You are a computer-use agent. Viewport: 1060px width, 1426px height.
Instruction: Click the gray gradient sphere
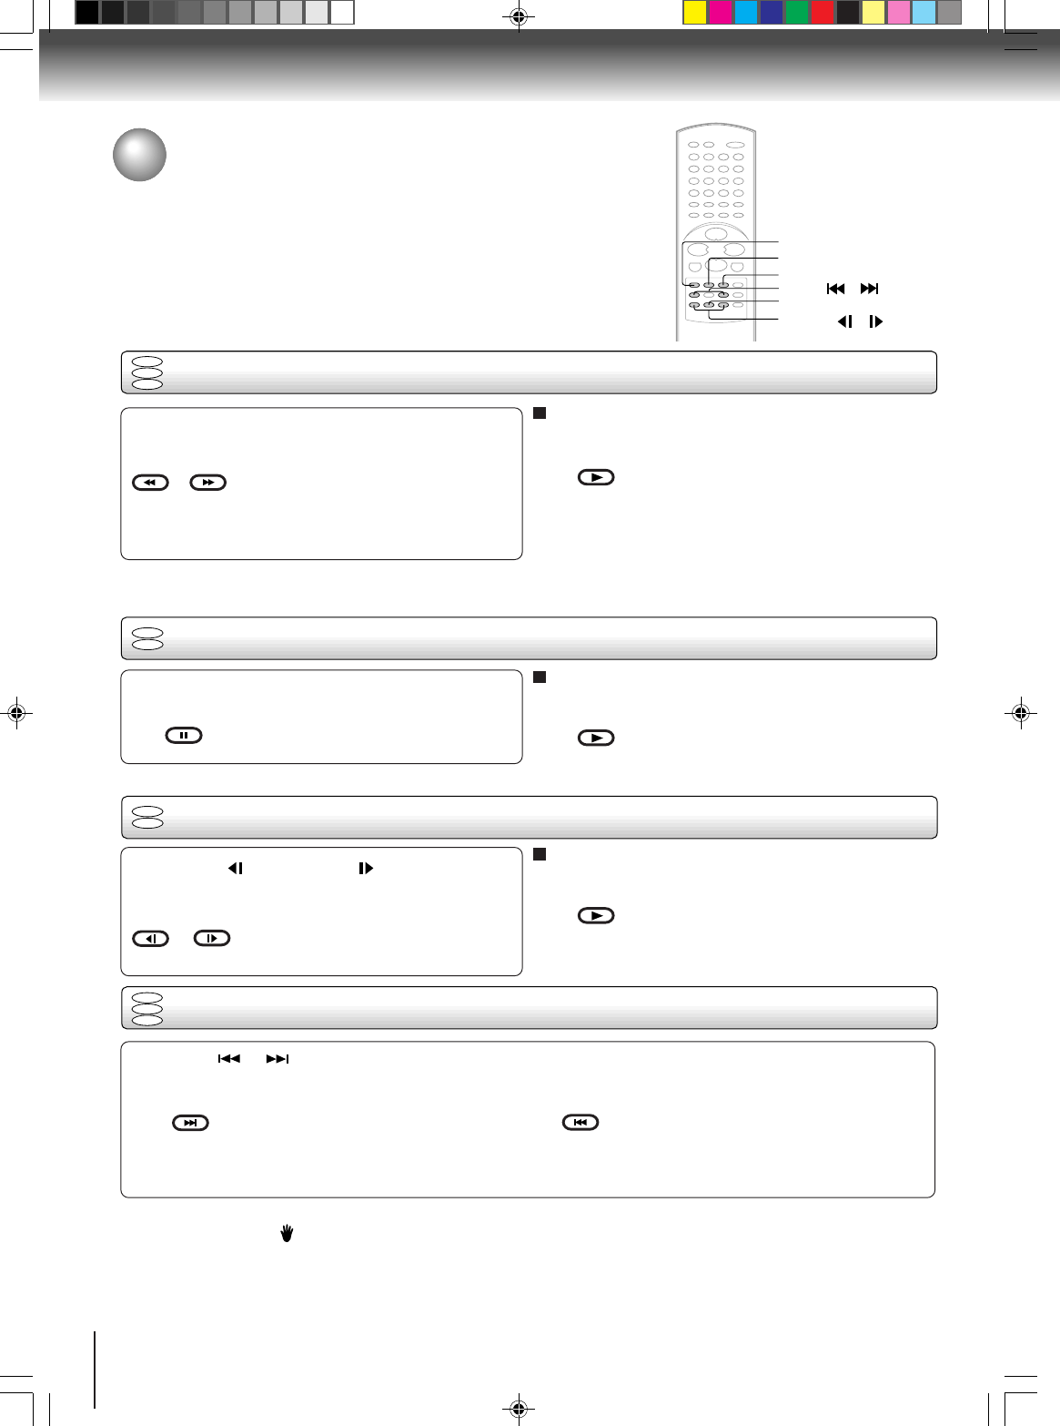coord(139,155)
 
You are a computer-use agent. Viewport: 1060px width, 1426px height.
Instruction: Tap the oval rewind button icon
coord(150,483)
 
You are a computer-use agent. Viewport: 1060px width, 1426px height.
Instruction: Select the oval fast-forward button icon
coord(207,483)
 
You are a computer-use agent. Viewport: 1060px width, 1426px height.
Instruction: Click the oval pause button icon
coord(184,735)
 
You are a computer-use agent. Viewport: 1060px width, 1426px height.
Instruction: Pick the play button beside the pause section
coord(596,738)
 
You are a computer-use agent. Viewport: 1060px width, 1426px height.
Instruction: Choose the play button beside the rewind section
coord(596,477)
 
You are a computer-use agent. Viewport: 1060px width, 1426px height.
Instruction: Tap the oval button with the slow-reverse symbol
coord(150,938)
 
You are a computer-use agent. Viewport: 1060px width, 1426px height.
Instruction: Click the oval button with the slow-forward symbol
coord(212,938)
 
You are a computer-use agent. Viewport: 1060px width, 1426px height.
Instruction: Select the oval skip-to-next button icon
coord(190,1123)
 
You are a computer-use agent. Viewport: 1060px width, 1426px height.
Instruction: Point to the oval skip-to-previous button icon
coord(580,1122)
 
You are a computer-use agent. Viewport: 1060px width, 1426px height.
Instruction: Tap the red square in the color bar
coord(822,12)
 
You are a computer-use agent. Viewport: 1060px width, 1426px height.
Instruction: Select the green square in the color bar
coord(796,12)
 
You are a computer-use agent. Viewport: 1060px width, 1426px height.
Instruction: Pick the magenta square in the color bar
coord(720,12)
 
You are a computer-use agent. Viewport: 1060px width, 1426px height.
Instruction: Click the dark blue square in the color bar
coord(771,12)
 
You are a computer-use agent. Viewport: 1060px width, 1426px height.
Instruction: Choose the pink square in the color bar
coord(898,12)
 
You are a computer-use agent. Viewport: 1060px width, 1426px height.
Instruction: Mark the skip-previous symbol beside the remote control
coord(835,289)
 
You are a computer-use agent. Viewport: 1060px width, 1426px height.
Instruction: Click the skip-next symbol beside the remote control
coord(869,289)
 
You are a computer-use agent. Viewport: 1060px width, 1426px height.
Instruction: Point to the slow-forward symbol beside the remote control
coord(875,321)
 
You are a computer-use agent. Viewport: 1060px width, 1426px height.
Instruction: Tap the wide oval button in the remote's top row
coord(736,145)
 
